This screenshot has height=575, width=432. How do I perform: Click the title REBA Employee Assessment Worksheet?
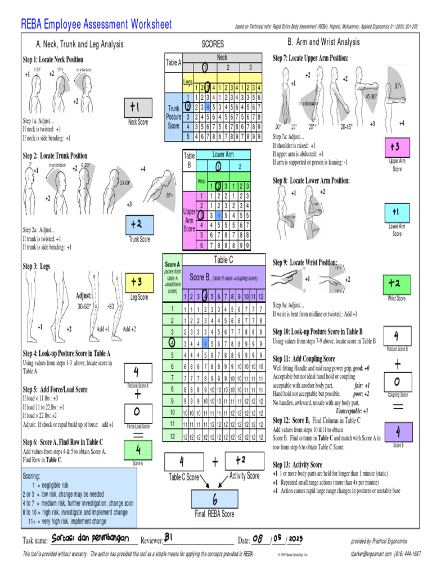96,24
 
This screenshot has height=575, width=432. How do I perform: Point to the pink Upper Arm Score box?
397,147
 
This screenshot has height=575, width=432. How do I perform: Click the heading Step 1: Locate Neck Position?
53,60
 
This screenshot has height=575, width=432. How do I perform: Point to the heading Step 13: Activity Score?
298,465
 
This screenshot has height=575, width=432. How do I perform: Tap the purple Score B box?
398,432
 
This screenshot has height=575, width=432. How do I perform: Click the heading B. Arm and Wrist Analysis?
323,42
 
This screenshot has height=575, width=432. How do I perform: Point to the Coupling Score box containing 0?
398,382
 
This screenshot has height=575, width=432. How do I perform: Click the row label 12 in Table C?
172,436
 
